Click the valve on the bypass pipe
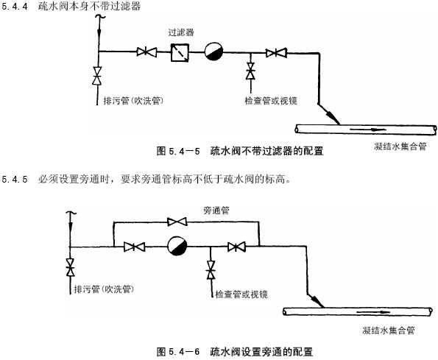point(177,220)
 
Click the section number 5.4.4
point(15,6)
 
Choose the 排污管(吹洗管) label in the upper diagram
point(133,99)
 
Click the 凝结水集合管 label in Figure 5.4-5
point(399,147)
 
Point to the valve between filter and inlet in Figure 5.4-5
point(144,52)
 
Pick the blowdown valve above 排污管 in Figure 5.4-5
point(96,76)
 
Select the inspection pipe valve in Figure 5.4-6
point(211,271)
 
